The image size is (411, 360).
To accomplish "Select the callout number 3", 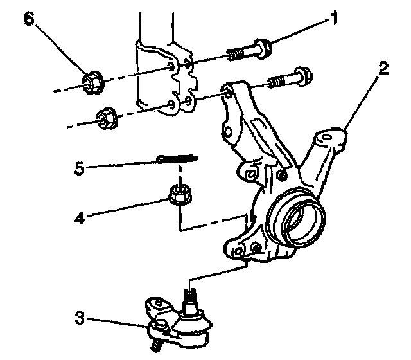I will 78,317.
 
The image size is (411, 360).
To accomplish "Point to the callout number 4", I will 78,218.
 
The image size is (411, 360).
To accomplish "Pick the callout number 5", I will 79,169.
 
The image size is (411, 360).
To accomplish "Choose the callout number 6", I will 28,18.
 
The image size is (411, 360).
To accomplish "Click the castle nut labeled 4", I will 179,193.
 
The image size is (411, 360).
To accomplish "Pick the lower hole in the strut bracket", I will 171,103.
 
